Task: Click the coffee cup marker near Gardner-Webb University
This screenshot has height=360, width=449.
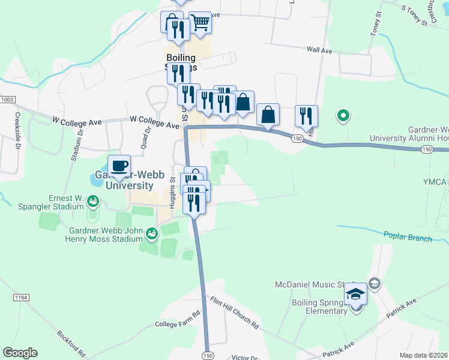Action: [x=119, y=166]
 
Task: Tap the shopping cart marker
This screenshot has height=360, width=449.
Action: [x=200, y=23]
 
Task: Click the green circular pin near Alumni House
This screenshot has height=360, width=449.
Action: [x=343, y=115]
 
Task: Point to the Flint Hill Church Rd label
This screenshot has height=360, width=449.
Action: [x=234, y=313]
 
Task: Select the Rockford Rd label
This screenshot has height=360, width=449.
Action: [x=71, y=342]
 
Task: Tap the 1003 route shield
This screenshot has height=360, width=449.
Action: [x=8, y=100]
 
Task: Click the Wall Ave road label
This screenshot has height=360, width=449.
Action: [x=319, y=51]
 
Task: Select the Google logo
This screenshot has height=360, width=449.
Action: [x=20, y=353]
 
